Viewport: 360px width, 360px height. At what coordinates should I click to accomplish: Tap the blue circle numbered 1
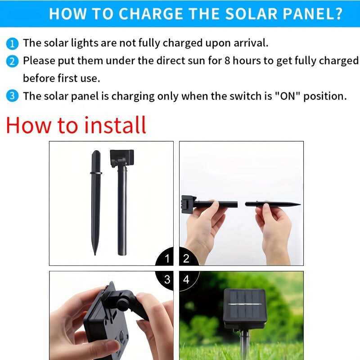pos(12,44)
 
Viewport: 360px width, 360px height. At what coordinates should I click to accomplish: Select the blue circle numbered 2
pos(12,61)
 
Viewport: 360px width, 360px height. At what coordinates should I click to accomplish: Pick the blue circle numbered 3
pos(12,96)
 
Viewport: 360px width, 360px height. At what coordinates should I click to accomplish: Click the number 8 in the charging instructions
pos(227,61)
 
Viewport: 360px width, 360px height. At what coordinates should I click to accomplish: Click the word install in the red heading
pos(115,125)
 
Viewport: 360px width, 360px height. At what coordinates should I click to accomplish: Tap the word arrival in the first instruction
pos(251,43)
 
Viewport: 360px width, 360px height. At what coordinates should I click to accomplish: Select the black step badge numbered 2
pos(188,256)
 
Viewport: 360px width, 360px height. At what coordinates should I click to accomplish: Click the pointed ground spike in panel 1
pos(96,202)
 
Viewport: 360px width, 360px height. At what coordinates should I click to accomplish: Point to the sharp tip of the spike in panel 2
pos(300,204)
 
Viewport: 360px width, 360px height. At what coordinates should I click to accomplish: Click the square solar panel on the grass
pos(244,308)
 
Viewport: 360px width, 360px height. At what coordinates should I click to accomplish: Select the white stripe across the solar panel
pos(245,304)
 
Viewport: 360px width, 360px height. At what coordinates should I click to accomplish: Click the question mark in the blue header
pos(337,14)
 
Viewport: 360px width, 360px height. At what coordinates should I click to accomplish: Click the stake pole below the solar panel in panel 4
pos(244,345)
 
